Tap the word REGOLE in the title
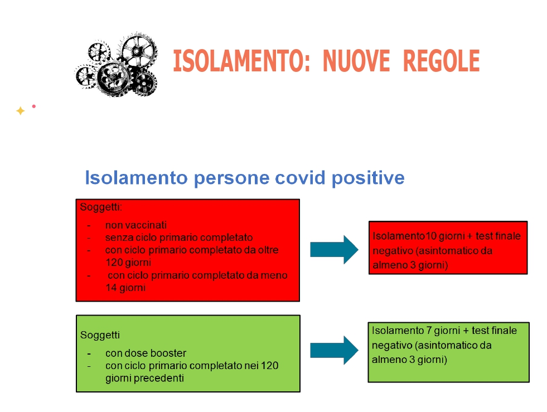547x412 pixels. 441,61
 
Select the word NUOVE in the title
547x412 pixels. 356,61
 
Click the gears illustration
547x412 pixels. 117,65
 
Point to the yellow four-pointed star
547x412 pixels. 21,111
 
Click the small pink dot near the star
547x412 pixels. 34,106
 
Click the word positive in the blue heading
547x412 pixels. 368,178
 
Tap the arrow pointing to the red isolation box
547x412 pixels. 334,249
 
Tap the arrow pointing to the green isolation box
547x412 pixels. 334,350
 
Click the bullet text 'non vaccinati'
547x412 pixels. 136,225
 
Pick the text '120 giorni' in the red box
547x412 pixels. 128,263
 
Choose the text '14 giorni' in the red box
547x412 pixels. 125,288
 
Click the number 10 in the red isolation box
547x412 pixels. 431,236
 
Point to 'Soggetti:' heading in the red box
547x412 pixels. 101,207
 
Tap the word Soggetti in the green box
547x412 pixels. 100,335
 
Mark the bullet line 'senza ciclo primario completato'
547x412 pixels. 179,237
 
